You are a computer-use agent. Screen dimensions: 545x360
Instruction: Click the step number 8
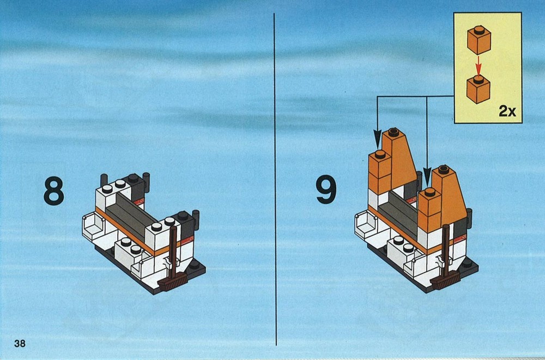pos(54,191)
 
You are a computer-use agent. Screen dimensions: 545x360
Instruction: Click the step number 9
pos(326,190)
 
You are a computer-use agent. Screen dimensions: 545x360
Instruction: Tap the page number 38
pos(20,343)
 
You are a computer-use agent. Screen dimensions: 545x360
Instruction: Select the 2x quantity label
pos(507,111)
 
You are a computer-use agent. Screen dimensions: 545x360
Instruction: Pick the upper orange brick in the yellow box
pos(479,40)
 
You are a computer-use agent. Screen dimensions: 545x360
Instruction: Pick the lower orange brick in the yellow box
pos(479,89)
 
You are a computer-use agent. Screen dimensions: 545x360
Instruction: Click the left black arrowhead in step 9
pos(377,139)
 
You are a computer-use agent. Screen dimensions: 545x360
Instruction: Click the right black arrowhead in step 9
pos(427,177)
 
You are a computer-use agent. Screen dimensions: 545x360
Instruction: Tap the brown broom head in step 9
pos(445,280)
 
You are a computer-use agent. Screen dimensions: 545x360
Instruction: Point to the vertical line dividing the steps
pos(275,179)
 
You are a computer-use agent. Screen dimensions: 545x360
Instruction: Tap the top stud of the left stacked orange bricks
pos(380,154)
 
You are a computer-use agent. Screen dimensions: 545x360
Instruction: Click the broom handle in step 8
pos(172,250)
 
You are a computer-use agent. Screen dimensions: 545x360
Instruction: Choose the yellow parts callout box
pos(488,68)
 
